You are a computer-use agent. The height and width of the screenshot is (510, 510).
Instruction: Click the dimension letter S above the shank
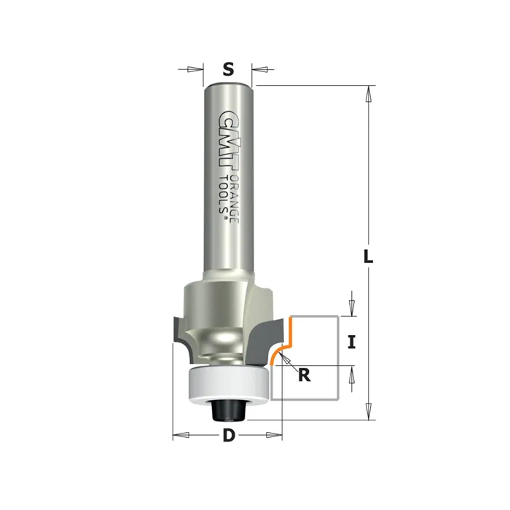tap(229, 69)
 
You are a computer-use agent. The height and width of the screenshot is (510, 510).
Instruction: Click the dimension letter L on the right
tap(368, 256)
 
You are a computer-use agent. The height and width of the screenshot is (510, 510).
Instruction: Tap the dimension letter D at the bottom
tap(229, 435)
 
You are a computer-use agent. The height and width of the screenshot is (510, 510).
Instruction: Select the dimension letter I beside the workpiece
tap(351, 342)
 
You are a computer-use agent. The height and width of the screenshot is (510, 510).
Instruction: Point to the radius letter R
tap(304, 375)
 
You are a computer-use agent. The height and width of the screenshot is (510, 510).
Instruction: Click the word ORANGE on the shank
tap(235, 199)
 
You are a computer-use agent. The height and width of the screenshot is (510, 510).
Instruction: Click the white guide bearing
tap(229, 384)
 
